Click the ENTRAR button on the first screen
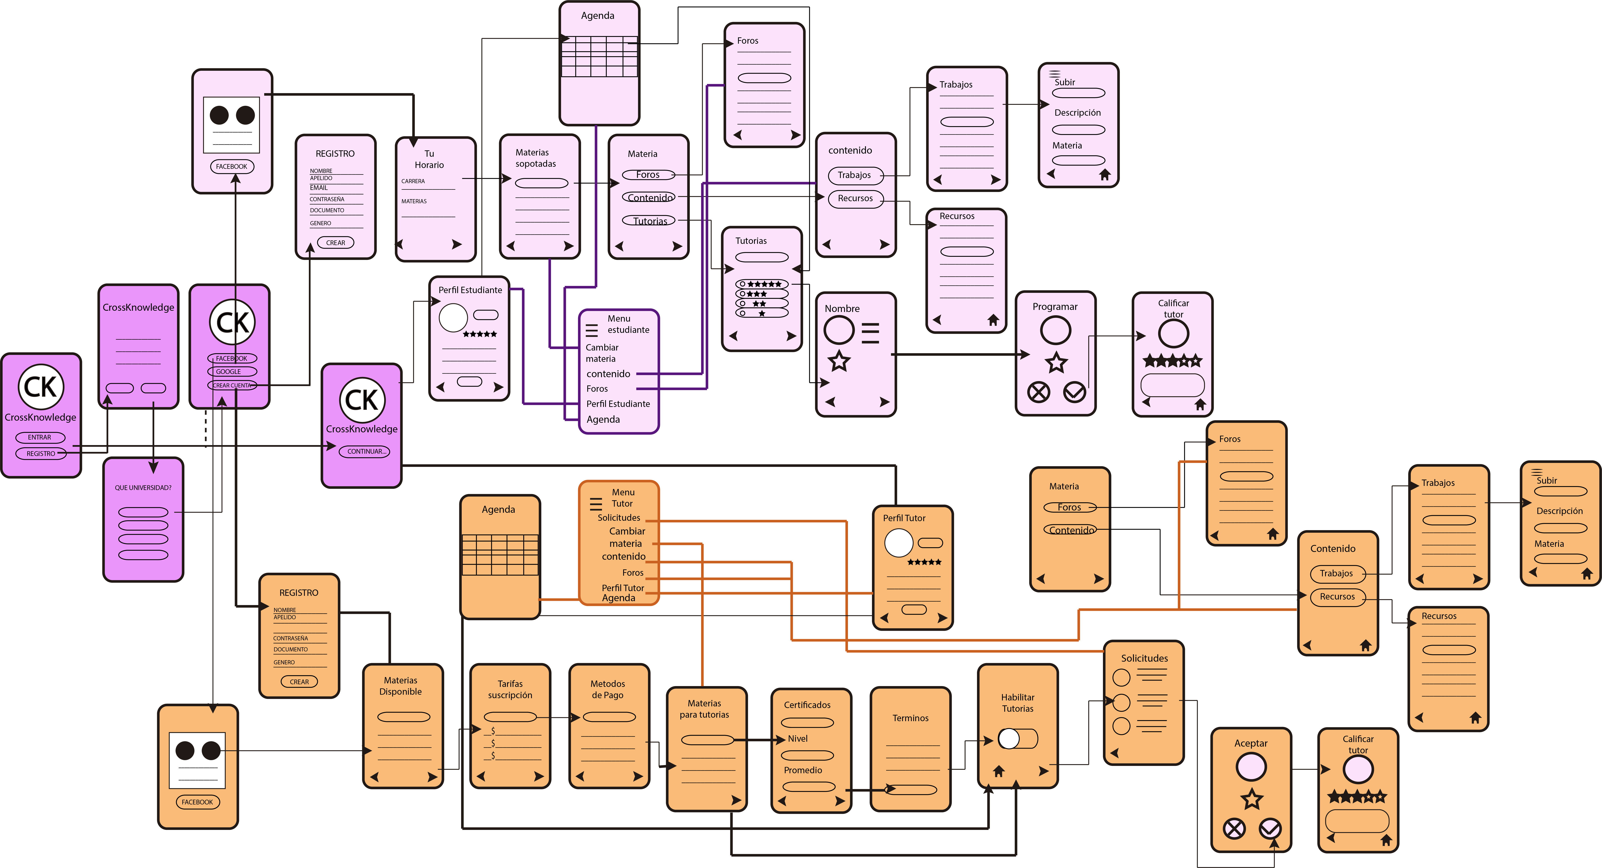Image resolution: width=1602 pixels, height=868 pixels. coord(40,437)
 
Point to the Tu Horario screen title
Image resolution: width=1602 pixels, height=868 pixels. coord(429,159)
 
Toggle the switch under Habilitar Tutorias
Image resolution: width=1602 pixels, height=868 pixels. coord(1018,739)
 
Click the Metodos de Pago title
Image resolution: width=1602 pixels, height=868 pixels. coord(608,689)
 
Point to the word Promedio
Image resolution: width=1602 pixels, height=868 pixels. coord(803,770)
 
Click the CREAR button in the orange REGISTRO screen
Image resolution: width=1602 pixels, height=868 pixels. coord(299,682)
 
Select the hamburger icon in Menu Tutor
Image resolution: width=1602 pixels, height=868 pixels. coord(596,504)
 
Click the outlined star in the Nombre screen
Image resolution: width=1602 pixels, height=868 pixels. coord(839,361)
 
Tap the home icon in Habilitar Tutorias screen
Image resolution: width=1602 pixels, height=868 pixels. coord(999,771)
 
